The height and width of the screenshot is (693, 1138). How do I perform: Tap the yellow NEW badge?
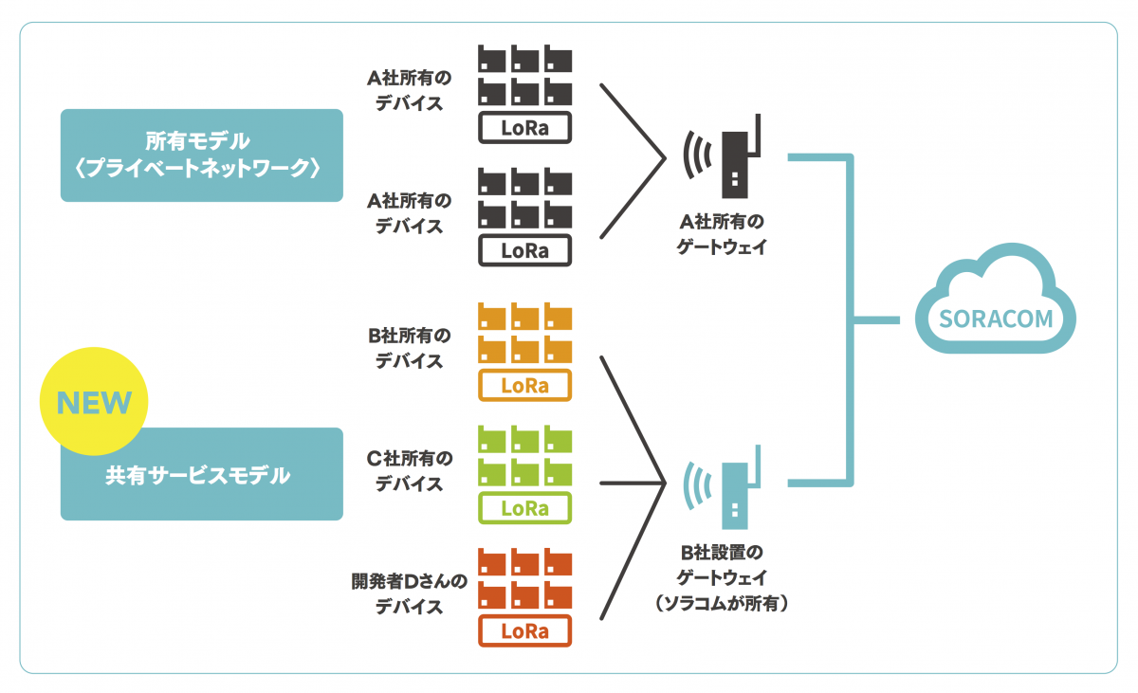94,403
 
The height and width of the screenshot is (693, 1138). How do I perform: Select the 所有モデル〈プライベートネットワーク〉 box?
201,155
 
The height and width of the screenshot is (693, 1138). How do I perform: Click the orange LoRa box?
525,386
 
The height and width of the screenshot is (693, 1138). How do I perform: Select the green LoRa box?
525,508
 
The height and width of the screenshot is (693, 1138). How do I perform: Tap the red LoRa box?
525,630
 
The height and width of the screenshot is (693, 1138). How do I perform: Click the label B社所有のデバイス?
409,349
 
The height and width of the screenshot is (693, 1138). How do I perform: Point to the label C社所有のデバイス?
409,471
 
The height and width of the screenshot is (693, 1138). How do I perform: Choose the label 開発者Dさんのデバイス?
409,594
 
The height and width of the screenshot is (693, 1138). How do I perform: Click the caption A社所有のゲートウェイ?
721,234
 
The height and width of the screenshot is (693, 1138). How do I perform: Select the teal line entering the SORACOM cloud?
877,319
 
